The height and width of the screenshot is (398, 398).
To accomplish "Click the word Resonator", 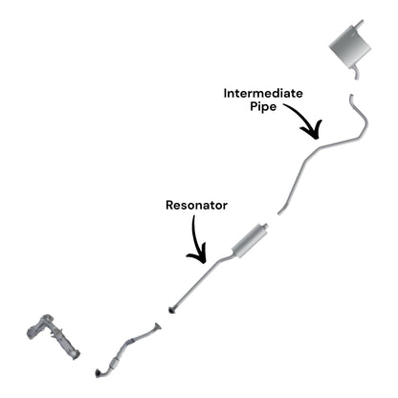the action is [x=196, y=205].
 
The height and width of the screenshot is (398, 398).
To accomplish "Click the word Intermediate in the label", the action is [x=263, y=94].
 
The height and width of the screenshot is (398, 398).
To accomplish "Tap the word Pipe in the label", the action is [x=263, y=107].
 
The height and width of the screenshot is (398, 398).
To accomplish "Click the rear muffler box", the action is [x=350, y=46].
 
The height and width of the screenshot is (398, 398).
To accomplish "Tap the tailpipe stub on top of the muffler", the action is [x=359, y=25].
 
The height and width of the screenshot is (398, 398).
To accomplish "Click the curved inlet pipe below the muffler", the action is [x=356, y=73].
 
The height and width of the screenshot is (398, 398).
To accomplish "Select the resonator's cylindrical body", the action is [x=249, y=239].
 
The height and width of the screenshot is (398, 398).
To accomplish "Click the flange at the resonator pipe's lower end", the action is [x=173, y=309].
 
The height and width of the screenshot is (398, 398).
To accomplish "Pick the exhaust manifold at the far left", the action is [x=53, y=336].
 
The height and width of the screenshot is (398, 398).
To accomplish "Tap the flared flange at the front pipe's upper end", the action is [x=157, y=326].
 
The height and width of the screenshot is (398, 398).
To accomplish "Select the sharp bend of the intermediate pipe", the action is [x=364, y=133].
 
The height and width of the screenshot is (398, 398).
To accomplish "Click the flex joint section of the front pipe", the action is [x=115, y=363].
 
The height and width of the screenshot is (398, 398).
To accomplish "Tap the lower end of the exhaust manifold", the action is [x=76, y=355].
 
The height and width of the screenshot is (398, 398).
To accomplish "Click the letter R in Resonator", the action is [x=169, y=205].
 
